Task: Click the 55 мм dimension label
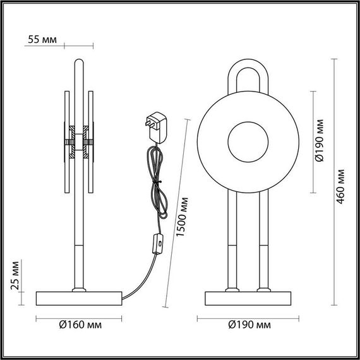(42, 40)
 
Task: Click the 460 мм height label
(340, 186)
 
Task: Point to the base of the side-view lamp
(79, 297)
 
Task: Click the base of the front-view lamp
(246, 297)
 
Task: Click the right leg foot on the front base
(261, 290)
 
